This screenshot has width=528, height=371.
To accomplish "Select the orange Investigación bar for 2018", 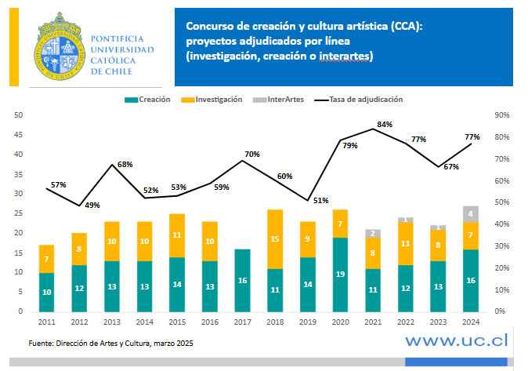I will (x=275, y=239).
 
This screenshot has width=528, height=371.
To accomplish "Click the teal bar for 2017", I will (x=242, y=280).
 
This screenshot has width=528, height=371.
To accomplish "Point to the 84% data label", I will (x=384, y=125).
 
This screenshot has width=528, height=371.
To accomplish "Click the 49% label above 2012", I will (x=92, y=205).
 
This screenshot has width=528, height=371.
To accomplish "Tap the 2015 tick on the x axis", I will (x=177, y=322).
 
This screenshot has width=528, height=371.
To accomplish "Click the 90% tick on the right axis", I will (x=502, y=115).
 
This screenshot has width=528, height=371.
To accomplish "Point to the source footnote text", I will (x=111, y=344).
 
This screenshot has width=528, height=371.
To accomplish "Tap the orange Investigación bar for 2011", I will (x=46, y=259).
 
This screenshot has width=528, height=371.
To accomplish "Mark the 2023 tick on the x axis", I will (x=438, y=322).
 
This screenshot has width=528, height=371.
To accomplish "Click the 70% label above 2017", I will (x=252, y=154).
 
